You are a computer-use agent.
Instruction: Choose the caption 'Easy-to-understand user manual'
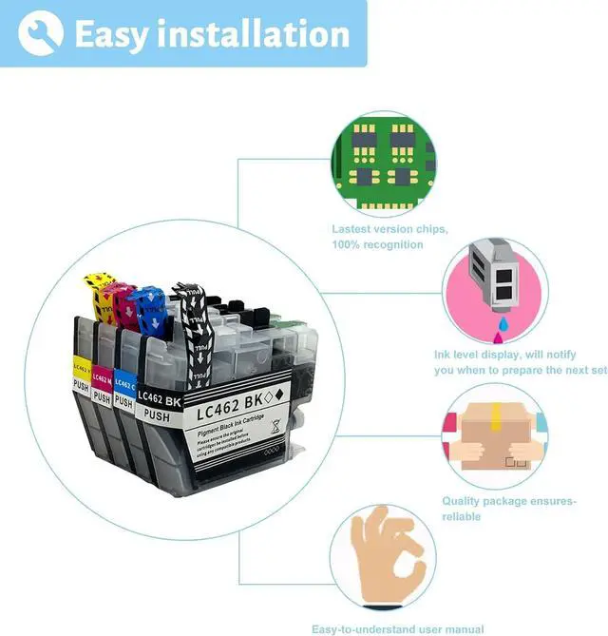[x=397, y=628]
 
